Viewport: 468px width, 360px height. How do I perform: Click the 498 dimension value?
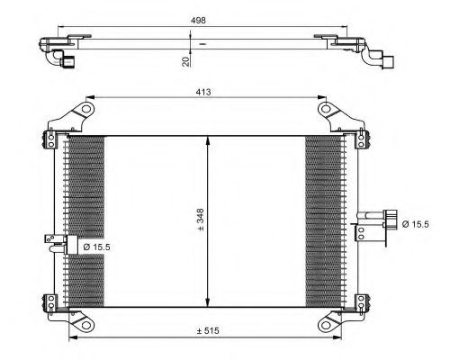click(198, 21)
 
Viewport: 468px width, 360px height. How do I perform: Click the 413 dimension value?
click(203, 92)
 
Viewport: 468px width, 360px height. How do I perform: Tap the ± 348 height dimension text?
click(200, 220)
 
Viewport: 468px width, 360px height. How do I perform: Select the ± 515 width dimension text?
click(208, 331)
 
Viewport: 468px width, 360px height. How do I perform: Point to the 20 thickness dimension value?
click(186, 61)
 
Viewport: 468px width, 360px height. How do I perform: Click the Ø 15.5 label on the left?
click(97, 247)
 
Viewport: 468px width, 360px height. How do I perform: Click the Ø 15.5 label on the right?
click(416, 224)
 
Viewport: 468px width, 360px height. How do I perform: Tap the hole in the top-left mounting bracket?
click(86, 109)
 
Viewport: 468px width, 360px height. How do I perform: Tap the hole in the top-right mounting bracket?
click(326, 109)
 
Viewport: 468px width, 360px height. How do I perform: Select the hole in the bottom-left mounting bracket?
click(86, 325)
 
